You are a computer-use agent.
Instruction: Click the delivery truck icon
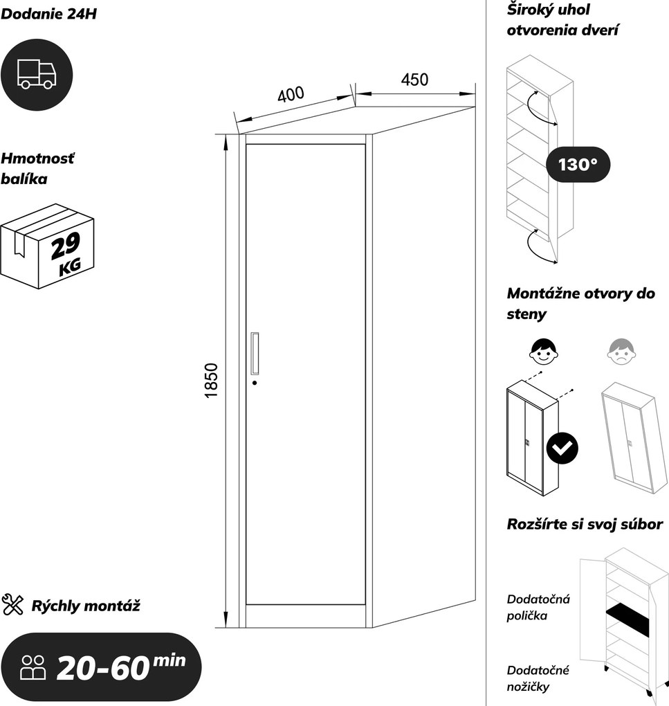tap(37, 74)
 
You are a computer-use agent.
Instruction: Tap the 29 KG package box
tap(47, 246)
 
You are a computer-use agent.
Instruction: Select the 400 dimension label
tap(291, 95)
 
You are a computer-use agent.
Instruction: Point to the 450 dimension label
tap(414, 80)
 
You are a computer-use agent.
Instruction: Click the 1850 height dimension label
tap(212, 381)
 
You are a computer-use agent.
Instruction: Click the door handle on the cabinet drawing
tap(255, 354)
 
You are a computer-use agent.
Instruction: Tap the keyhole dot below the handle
tap(255, 383)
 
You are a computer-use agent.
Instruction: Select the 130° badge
tap(578, 164)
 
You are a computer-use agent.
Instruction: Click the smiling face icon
tap(544, 351)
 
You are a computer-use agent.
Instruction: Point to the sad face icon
tap(622, 351)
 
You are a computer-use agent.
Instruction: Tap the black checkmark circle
tap(562, 448)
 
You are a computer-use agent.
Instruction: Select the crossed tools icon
tap(12, 605)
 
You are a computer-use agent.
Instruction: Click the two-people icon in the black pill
tap(33, 667)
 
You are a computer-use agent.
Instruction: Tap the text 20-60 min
tap(121, 667)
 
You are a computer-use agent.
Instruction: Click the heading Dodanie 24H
tap(48, 14)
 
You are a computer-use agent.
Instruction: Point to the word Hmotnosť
tap(37, 159)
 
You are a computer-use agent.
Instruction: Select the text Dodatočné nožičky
tap(538, 678)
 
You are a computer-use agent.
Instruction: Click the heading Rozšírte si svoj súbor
tap(585, 524)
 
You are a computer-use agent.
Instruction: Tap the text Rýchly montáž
tap(86, 606)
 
